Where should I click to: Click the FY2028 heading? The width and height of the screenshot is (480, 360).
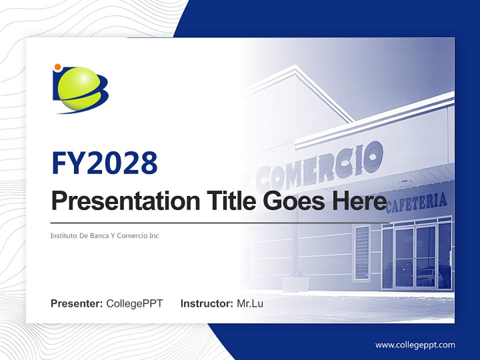[x=105, y=163]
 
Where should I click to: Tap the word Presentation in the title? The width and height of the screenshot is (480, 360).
[x=125, y=200]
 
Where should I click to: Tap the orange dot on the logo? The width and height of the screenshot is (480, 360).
[x=57, y=67]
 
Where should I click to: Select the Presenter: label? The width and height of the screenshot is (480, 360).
[x=76, y=303]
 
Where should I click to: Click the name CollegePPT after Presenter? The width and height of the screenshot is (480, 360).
[x=134, y=303]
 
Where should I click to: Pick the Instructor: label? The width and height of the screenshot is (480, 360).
[x=207, y=303]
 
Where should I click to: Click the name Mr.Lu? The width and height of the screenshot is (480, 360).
[x=250, y=303]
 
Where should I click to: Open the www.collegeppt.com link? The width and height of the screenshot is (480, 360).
[x=415, y=345]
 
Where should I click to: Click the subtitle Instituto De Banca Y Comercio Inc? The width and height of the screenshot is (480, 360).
[x=104, y=235]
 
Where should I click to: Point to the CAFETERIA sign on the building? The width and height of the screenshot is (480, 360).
[x=416, y=203]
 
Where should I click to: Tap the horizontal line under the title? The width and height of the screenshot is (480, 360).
[x=220, y=223]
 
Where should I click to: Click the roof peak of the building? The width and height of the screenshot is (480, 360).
[x=295, y=66]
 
